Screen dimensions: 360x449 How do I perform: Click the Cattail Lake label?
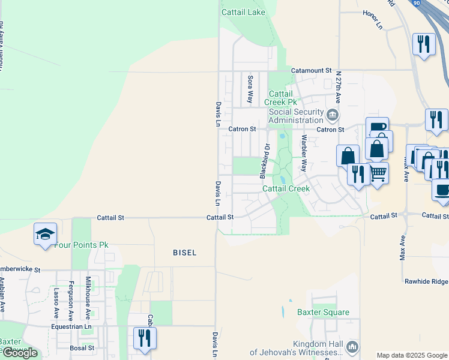click(x=243, y=12)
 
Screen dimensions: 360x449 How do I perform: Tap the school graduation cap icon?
click(x=45, y=234)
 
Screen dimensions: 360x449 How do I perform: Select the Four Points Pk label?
click(x=81, y=245)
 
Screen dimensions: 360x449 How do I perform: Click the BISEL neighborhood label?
click(x=184, y=253)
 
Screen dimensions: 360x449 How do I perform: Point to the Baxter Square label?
click(x=323, y=312)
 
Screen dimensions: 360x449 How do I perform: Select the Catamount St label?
click(x=311, y=70)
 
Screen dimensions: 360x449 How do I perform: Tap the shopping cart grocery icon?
click(x=378, y=173)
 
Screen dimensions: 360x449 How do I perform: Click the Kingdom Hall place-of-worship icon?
click(x=352, y=346)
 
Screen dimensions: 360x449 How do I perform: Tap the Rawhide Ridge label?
click(x=426, y=281)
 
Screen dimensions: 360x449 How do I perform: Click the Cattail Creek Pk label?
click(x=281, y=98)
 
